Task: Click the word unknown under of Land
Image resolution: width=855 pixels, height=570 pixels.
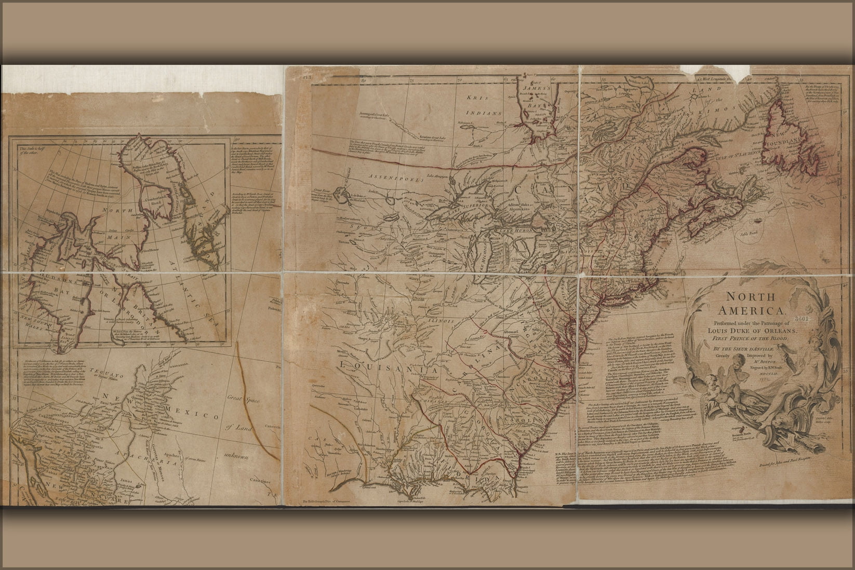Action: pyautogui.click(x=236, y=457)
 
